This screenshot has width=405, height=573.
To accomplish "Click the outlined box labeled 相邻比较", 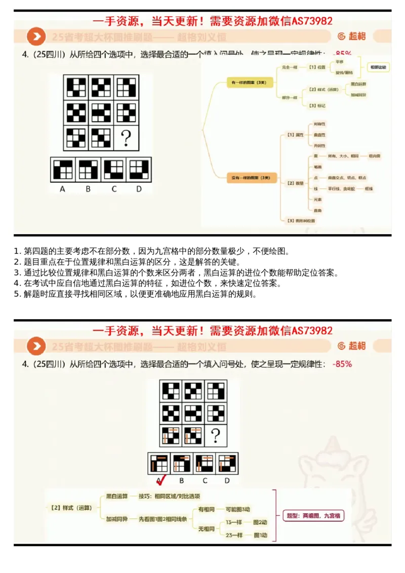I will click(378, 67).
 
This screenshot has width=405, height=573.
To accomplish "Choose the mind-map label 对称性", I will click(319, 124).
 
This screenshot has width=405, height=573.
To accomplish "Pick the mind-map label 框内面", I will click(375, 156).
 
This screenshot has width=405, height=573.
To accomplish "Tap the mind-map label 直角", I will click(318, 210).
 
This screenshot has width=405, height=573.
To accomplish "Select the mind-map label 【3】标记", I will click(317, 105).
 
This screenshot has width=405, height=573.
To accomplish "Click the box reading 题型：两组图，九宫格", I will click(314, 516).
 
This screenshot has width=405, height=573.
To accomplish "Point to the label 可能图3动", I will click(238, 509).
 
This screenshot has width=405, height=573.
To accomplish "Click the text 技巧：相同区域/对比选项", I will click(169, 496).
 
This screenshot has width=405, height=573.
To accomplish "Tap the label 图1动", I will click(261, 535).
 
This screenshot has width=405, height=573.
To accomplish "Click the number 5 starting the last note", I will click(17, 294).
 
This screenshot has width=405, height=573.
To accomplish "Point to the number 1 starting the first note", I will click(17, 251).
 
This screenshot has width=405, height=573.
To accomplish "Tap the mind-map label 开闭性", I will click(319, 145).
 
